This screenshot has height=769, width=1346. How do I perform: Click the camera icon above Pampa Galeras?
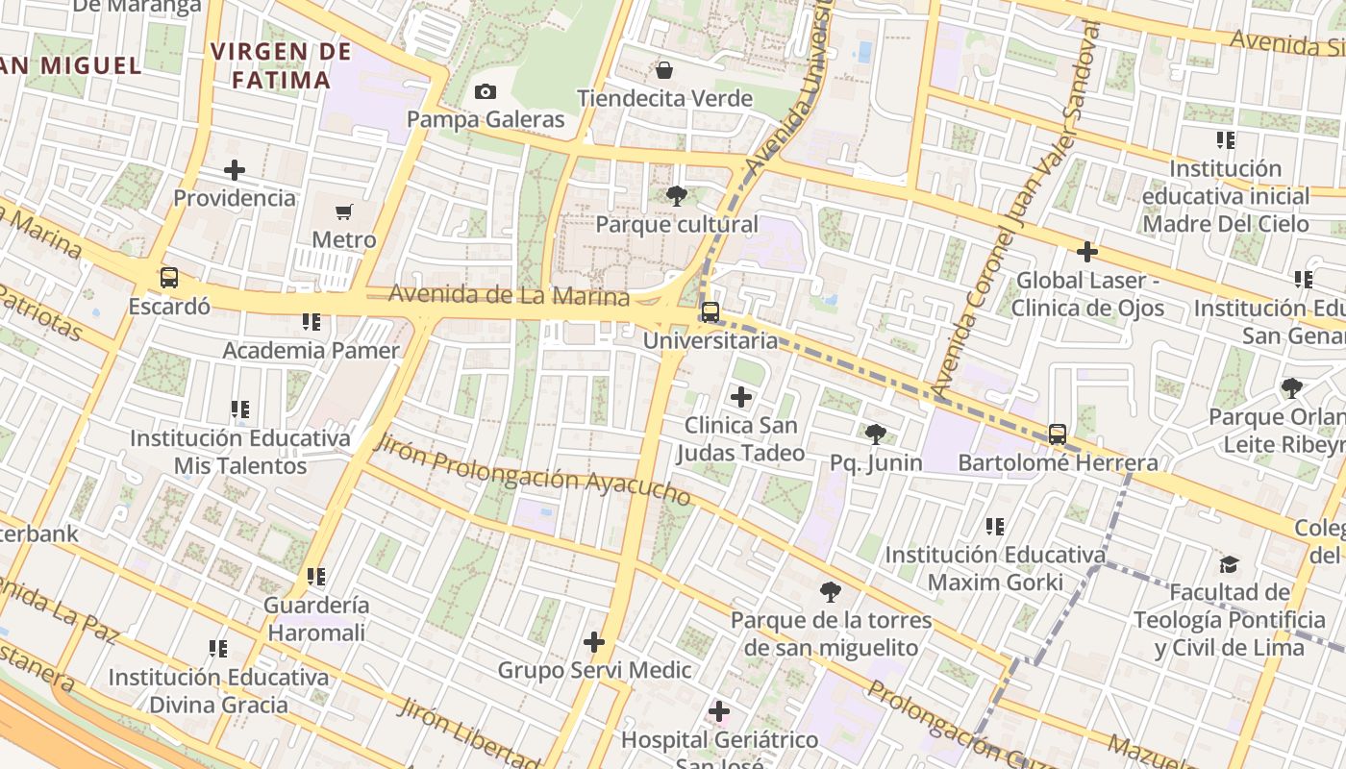tap(486, 91)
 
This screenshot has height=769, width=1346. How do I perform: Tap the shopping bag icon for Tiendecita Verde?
tap(663, 70)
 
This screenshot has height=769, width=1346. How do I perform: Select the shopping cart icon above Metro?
tap(344, 211)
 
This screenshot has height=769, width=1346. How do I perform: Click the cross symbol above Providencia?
tap(234, 170)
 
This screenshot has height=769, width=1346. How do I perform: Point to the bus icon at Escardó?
tap(169, 278)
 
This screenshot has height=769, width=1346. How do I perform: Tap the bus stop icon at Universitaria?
tap(710, 312)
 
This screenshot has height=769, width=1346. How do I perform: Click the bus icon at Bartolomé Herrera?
tap(1058, 434)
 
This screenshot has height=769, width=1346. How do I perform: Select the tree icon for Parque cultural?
tap(677, 196)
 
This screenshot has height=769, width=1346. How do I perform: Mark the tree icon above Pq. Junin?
tap(875, 434)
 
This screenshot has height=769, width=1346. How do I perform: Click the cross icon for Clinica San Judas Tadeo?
tap(740, 396)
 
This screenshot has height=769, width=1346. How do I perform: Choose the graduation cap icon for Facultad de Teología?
tap(1229, 564)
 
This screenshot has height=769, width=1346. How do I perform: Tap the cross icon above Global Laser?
tap(1087, 252)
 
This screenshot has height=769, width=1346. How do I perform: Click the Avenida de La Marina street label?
tap(509, 296)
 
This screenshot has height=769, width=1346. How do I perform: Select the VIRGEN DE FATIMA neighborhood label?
tap(282, 65)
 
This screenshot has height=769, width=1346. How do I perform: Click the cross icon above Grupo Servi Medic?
tap(594, 641)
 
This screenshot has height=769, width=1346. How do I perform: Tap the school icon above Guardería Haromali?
tap(315, 577)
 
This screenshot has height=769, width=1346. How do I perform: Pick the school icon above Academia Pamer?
tap(311, 322)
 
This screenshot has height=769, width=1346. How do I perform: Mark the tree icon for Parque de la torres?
tap(830, 592)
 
